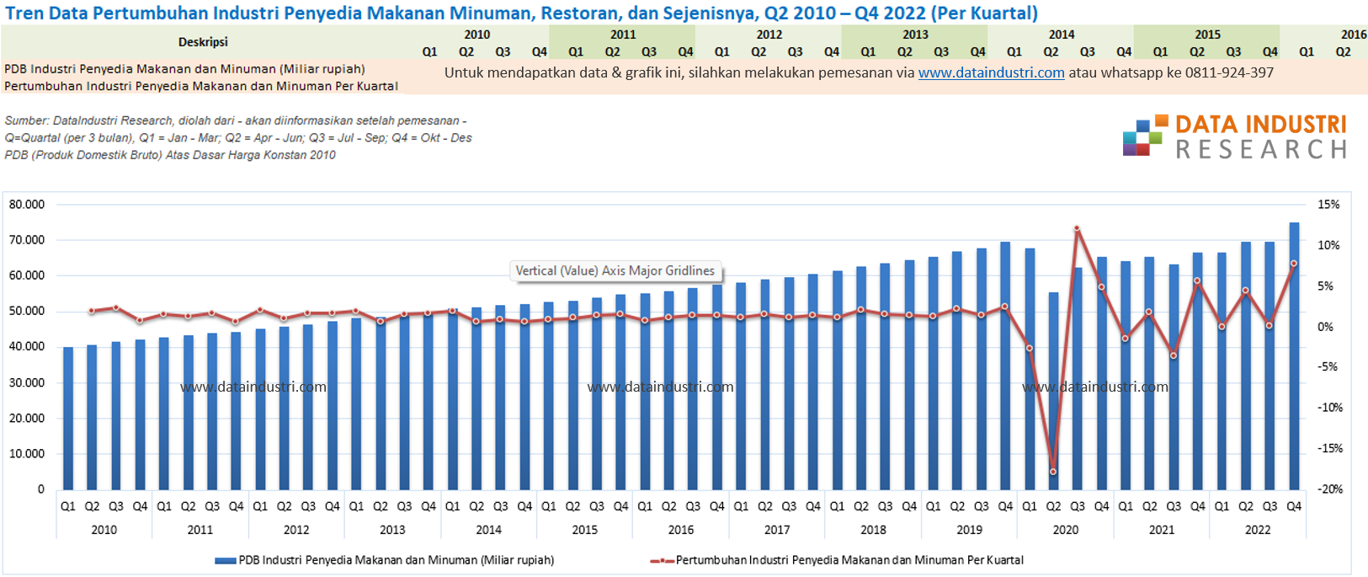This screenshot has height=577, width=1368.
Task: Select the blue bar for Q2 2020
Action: (1053, 391)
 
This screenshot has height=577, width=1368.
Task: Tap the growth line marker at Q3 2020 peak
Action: (1077, 228)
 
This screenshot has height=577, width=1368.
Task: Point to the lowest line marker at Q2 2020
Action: (1053, 472)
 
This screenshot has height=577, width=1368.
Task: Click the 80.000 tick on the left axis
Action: (27, 205)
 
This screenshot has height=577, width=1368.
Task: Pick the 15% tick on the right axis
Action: (1328, 205)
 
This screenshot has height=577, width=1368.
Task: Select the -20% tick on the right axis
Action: (1329, 489)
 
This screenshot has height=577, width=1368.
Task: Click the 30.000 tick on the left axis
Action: (27, 382)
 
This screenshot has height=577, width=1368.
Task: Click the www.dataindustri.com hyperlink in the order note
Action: (991, 72)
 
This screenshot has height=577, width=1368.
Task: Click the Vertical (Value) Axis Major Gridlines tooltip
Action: (615, 270)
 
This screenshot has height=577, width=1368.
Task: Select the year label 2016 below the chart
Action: (680, 530)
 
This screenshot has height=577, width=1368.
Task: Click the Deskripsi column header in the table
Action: (203, 42)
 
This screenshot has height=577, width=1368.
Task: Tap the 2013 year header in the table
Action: (915, 35)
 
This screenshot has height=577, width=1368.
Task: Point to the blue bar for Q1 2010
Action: (68, 418)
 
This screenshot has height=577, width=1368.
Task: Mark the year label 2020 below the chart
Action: (1065, 530)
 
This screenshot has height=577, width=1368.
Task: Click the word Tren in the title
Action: (24, 13)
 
